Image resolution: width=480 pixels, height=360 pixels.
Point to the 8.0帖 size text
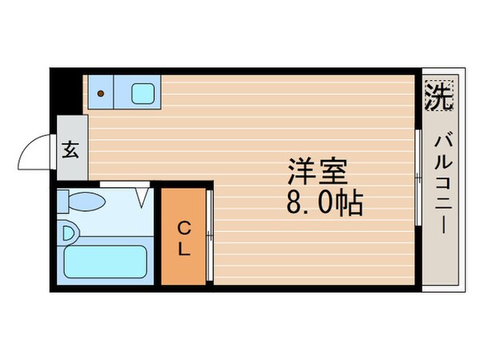[x=325, y=203]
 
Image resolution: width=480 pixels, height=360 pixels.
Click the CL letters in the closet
[x=184, y=237]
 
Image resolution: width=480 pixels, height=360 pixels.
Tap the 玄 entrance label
[x=71, y=149]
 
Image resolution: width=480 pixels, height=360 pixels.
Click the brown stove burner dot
[x=101, y=93]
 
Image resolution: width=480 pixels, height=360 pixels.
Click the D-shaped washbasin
[x=69, y=234]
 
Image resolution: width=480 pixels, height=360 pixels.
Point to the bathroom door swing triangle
[x=142, y=194]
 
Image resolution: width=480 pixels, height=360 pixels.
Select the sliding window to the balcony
[x=418, y=174]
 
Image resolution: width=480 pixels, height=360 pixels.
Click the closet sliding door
[x=208, y=235]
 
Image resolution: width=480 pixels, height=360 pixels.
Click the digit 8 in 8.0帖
[x=295, y=203]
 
